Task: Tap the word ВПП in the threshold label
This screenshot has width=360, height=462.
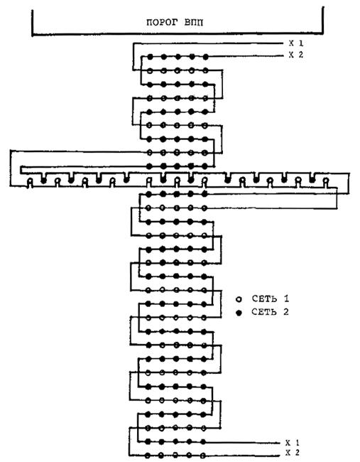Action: [x=194, y=23]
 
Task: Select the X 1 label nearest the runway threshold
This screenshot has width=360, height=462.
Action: [x=296, y=43]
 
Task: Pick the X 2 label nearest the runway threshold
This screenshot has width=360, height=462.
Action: [x=296, y=55]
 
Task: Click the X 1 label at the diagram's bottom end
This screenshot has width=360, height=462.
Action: [x=293, y=443]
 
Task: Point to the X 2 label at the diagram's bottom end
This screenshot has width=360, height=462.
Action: [x=293, y=453]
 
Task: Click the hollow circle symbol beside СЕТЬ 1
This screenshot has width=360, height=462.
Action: [x=239, y=299]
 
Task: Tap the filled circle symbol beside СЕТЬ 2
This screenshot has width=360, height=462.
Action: [x=239, y=313]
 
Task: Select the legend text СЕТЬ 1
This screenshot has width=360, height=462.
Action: [x=271, y=299]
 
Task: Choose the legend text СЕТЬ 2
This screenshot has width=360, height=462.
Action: [x=271, y=312]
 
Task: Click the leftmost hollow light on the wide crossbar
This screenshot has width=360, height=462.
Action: [x=30, y=181]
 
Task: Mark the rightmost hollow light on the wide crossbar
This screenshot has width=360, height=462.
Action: [x=325, y=180]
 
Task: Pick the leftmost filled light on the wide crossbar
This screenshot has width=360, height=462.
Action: [x=43, y=180]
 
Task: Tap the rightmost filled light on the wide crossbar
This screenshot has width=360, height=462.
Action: [x=312, y=178]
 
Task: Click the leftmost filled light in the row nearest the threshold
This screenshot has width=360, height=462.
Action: [x=150, y=57]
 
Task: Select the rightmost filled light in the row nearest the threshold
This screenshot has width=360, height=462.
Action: [x=206, y=57]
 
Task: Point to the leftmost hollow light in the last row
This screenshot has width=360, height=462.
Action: [x=147, y=455]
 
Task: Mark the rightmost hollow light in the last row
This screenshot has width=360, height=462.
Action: [x=203, y=455]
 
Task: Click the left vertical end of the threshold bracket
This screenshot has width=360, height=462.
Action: [x=33, y=23]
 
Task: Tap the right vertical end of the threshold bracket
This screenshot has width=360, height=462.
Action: [x=323, y=21]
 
